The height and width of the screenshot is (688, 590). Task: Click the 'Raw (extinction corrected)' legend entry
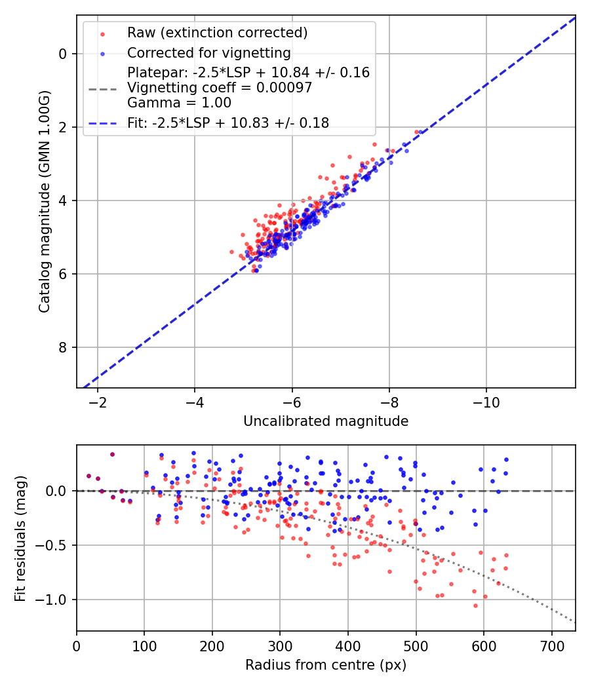coord(217,33)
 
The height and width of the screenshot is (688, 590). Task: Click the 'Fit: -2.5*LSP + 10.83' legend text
coord(228,123)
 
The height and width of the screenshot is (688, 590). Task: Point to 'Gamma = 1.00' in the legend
coord(179,102)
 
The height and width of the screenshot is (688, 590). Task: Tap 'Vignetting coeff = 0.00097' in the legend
coord(220,88)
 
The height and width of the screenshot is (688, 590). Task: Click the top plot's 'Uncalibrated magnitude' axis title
coord(326,421)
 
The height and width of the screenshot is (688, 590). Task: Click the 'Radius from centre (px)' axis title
coord(326,665)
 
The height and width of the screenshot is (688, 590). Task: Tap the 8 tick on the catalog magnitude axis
coord(64,347)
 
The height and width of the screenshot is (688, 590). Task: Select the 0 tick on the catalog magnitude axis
coord(64,54)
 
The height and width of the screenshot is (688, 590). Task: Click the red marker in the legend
coord(102,33)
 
